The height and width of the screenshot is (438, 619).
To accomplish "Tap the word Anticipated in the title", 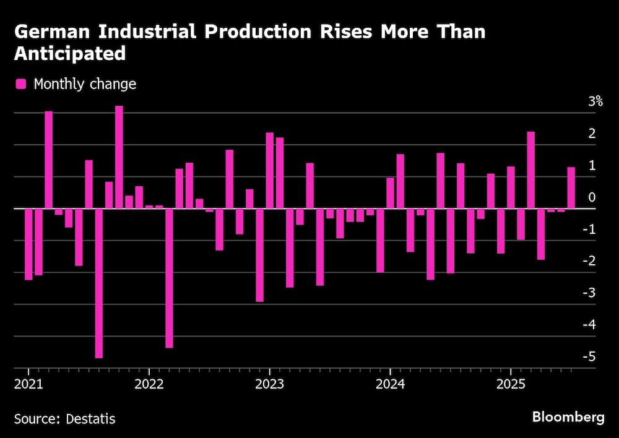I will [70, 54].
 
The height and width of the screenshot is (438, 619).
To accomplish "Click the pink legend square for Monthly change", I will [21, 84].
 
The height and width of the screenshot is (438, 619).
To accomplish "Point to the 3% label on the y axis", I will [595, 102].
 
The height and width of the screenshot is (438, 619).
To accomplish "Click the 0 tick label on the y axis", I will [592, 197].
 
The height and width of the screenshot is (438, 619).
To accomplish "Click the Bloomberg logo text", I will [568, 418].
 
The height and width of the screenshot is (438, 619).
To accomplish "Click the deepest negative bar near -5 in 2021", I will [99, 283].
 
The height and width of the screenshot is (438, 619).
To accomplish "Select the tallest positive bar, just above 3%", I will [119, 157].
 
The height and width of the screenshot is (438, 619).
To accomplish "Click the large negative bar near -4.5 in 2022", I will [169, 278].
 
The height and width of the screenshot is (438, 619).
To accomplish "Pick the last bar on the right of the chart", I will [571, 188].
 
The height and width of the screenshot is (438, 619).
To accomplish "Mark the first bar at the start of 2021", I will [28, 244].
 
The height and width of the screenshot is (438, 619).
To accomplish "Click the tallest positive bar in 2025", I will [530, 170].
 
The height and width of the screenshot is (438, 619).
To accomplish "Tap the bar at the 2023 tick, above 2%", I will [269, 171].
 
